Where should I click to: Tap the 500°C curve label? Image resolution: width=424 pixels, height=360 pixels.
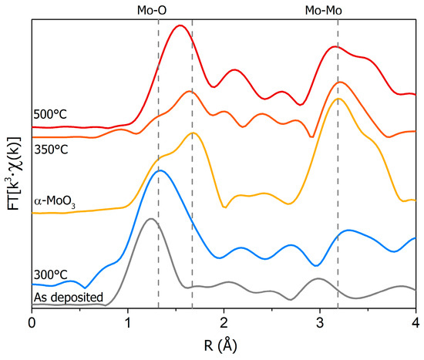coord(50,115)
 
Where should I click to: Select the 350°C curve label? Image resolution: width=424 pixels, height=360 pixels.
coord(50,149)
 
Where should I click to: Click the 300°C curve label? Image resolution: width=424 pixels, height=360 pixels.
coord(50,274)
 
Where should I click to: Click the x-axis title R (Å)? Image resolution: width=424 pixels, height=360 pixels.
coord(224,345)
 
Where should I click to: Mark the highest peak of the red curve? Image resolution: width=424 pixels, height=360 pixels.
coord(180,25)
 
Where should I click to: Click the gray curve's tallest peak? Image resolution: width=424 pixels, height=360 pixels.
coord(151,220)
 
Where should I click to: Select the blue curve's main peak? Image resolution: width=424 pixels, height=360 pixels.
coord(160,170)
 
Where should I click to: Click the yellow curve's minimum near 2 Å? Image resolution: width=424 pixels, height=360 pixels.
coord(224,207)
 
